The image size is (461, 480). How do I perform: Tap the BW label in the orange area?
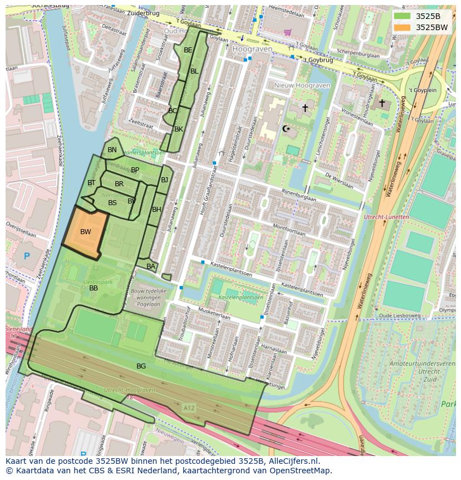click(85, 232)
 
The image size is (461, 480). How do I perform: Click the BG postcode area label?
click(141, 366)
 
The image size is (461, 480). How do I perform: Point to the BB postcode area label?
click(94, 288)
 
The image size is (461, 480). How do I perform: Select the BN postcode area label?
click(112, 150)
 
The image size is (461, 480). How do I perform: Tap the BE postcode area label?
click(188, 50)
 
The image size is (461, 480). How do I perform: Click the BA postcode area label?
click(151, 267)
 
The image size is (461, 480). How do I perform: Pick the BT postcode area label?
click(91, 183)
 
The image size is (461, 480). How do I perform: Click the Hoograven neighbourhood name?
click(252, 49)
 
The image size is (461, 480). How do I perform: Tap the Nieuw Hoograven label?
click(302, 85)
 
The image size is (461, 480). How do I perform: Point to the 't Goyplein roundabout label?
click(423, 90)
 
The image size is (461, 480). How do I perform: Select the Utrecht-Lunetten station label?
click(386, 217)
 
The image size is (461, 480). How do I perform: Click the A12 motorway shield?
click(189, 408)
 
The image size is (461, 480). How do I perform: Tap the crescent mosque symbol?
click(287, 129)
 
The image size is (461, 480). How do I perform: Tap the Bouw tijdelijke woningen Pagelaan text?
click(146, 298)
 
